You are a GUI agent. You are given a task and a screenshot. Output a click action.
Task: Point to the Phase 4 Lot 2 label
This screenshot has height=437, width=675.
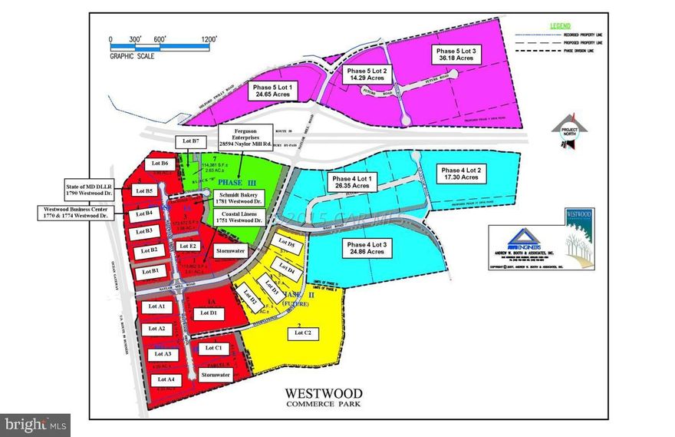[x=463, y=173]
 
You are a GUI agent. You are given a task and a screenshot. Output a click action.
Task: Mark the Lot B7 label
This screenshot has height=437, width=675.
[x=190, y=141]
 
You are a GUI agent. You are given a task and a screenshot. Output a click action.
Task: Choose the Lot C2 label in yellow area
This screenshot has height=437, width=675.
[x=303, y=333]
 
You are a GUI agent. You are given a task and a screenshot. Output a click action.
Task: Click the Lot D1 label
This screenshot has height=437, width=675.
[x=209, y=313]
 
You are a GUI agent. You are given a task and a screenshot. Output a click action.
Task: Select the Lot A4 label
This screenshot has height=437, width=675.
[x=166, y=379]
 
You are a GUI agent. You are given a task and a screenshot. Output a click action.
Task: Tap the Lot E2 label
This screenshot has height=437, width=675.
[x=188, y=246]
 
